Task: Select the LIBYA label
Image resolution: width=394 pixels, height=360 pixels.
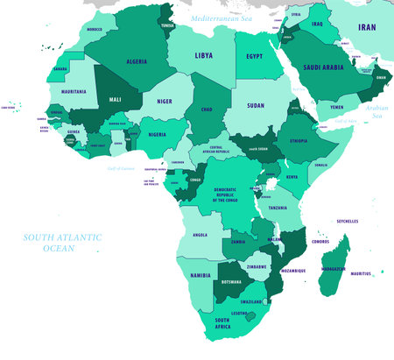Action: pos(203,54)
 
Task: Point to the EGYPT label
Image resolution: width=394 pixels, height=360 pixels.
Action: pos(254,56)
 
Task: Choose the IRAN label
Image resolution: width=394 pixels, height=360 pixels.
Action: pos(367,28)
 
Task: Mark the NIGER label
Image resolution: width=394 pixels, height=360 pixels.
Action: pos(165,101)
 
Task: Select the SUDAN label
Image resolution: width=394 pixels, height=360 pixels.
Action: pos(256,105)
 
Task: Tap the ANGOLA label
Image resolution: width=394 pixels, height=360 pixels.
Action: pos(200,235)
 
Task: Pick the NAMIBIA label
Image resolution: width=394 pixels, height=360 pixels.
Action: pos(201,275)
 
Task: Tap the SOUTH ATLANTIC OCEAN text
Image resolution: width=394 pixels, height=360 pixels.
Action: pos(62,243)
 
